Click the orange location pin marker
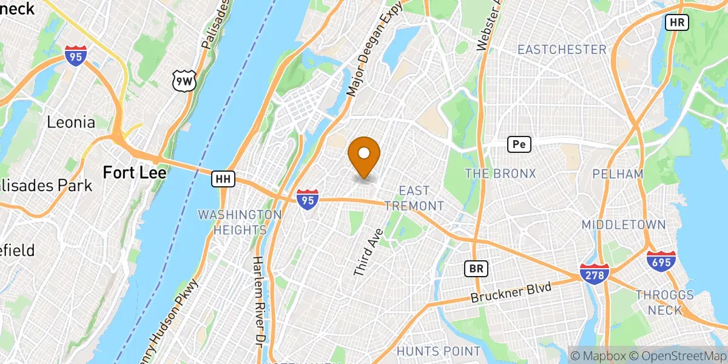364,155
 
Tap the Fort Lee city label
135,172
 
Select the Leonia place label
71,123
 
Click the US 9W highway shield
183,81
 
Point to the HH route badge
223,179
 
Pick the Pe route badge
519,144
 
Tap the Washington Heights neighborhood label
240,222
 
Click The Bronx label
500,174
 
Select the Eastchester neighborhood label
561,50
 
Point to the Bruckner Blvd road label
512,293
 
